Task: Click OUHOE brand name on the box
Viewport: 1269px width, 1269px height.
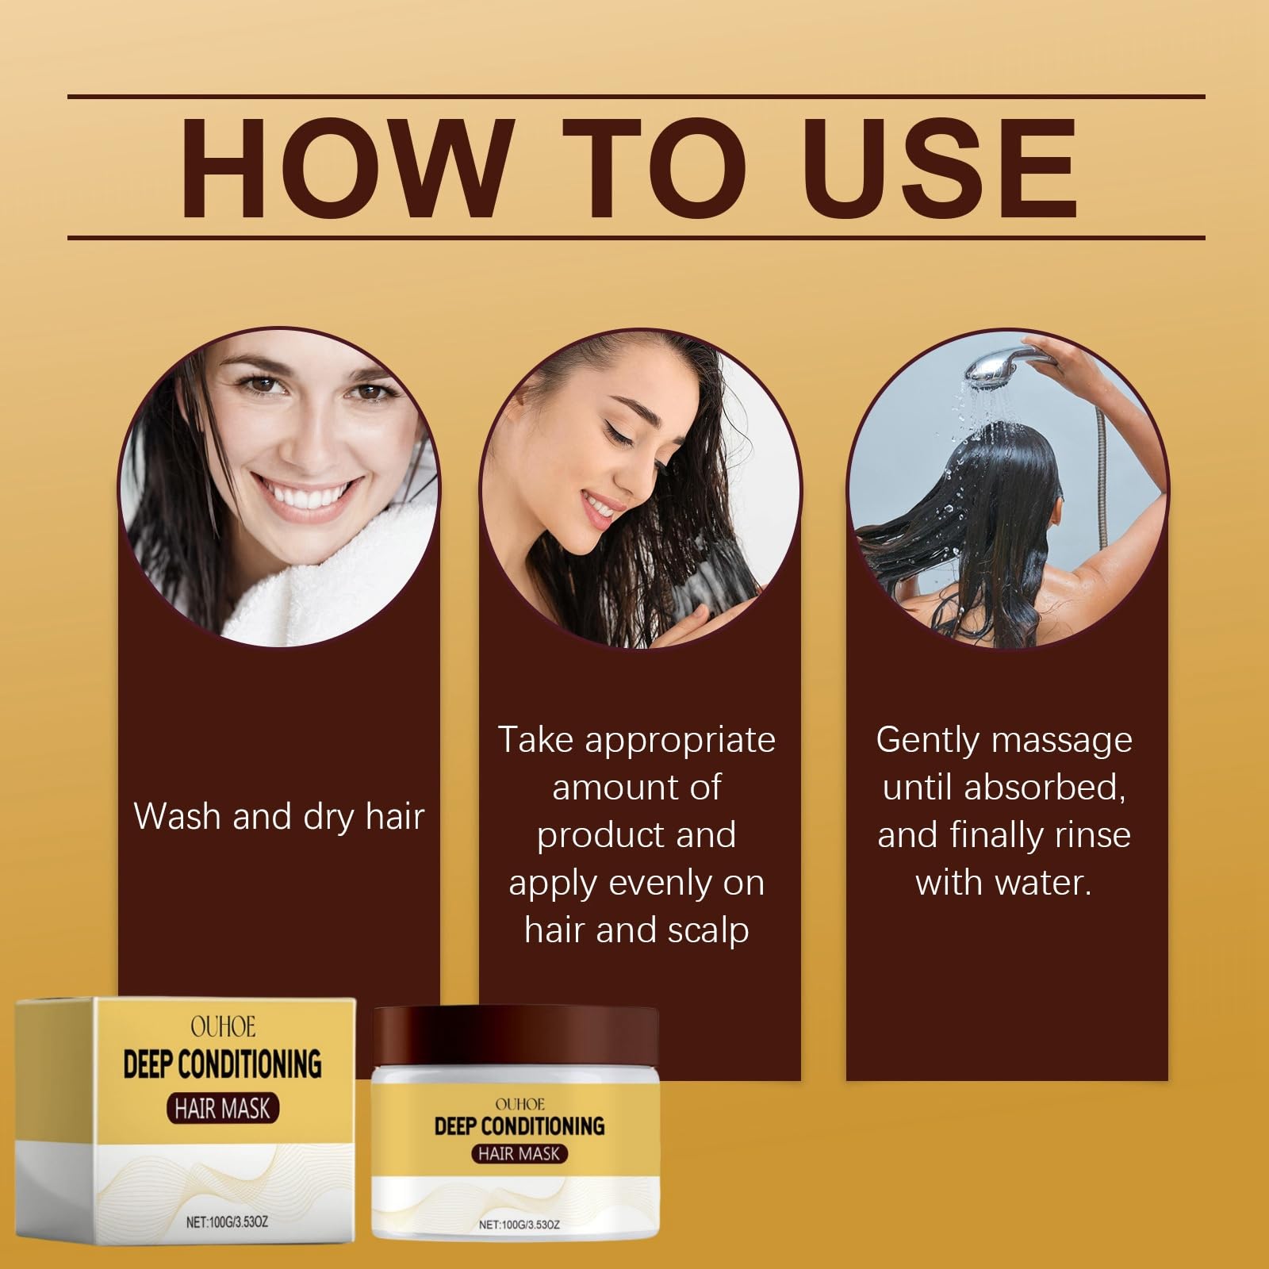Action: click(223, 1028)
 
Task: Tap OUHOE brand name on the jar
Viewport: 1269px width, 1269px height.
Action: click(519, 1104)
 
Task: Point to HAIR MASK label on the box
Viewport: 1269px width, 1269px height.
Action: click(223, 1108)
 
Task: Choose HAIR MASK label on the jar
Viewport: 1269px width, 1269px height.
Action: click(519, 1154)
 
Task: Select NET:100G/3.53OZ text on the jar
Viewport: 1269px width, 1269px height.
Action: click(519, 1225)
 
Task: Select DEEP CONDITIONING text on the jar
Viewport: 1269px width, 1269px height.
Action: click(519, 1125)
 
